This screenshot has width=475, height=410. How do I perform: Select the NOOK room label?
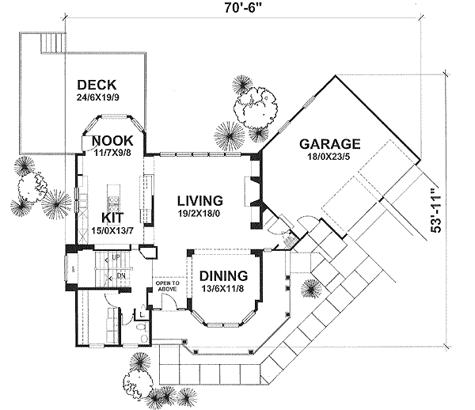pyautogui.click(x=112, y=142)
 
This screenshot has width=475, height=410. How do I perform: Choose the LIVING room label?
pyautogui.click(x=199, y=200)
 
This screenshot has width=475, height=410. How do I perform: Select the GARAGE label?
pyautogui.click(x=329, y=144)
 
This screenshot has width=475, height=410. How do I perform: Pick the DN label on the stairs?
pyautogui.click(x=120, y=275)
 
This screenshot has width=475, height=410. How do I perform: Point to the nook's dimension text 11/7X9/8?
pyautogui.click(x=112, y=154)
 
